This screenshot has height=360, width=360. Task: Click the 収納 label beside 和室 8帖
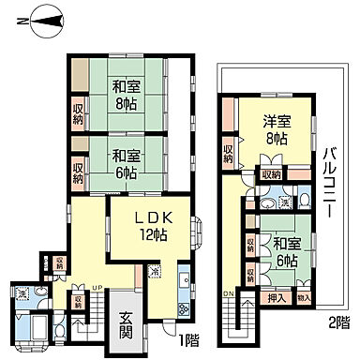(x=79, y=112)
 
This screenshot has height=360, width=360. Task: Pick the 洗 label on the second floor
(x=282, y=202)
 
